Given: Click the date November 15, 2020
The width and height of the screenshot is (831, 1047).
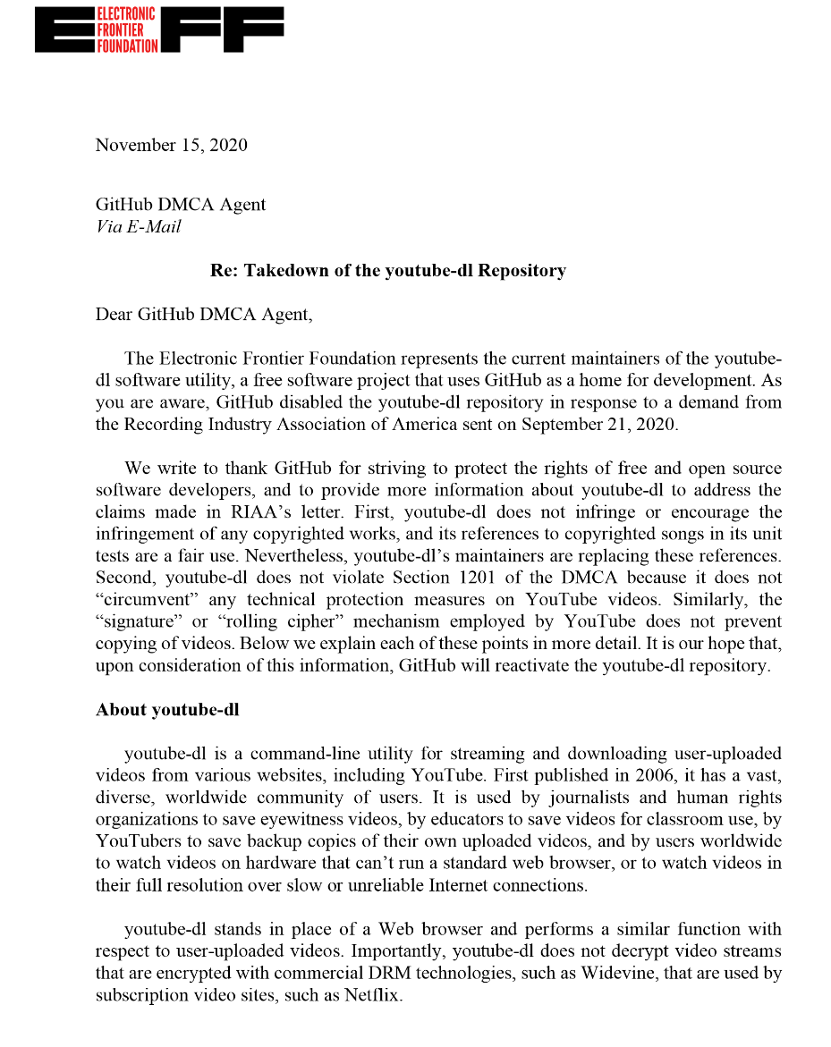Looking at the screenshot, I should [172, 145].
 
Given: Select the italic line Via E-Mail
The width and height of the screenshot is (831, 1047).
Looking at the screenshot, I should [138, 226].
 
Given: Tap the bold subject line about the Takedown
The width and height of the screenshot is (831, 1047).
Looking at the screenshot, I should [387, 270].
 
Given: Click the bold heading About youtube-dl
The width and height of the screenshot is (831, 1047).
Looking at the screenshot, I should [167, 710].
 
